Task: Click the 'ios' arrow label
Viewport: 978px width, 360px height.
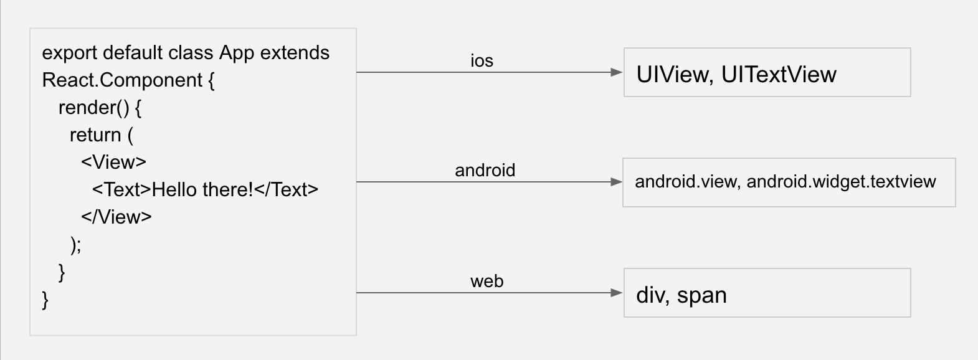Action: (482, 61)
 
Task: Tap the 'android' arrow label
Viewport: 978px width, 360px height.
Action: (485, 171)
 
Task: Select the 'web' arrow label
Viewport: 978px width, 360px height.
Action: (487, 282)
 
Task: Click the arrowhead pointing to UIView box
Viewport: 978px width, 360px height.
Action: (617, 72)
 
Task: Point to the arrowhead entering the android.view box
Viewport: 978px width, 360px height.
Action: (616, 182)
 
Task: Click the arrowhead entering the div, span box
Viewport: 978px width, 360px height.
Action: (617, 293)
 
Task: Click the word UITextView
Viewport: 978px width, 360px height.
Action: (779, 75)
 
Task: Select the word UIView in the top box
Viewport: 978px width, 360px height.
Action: (672, 75)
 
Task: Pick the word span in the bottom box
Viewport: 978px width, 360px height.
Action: (701, 295)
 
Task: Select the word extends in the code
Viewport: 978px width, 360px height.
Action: (295, 53)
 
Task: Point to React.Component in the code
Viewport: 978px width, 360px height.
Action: (122, 80)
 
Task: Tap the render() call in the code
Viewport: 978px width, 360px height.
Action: (93, 108)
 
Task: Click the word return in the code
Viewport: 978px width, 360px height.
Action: (95, 135)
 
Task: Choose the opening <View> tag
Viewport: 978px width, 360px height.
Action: (113, 163)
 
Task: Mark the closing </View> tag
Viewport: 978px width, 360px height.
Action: (116, 217)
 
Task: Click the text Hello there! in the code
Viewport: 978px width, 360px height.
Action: (202, 189)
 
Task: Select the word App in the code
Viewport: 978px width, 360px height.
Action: (237, 54)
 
